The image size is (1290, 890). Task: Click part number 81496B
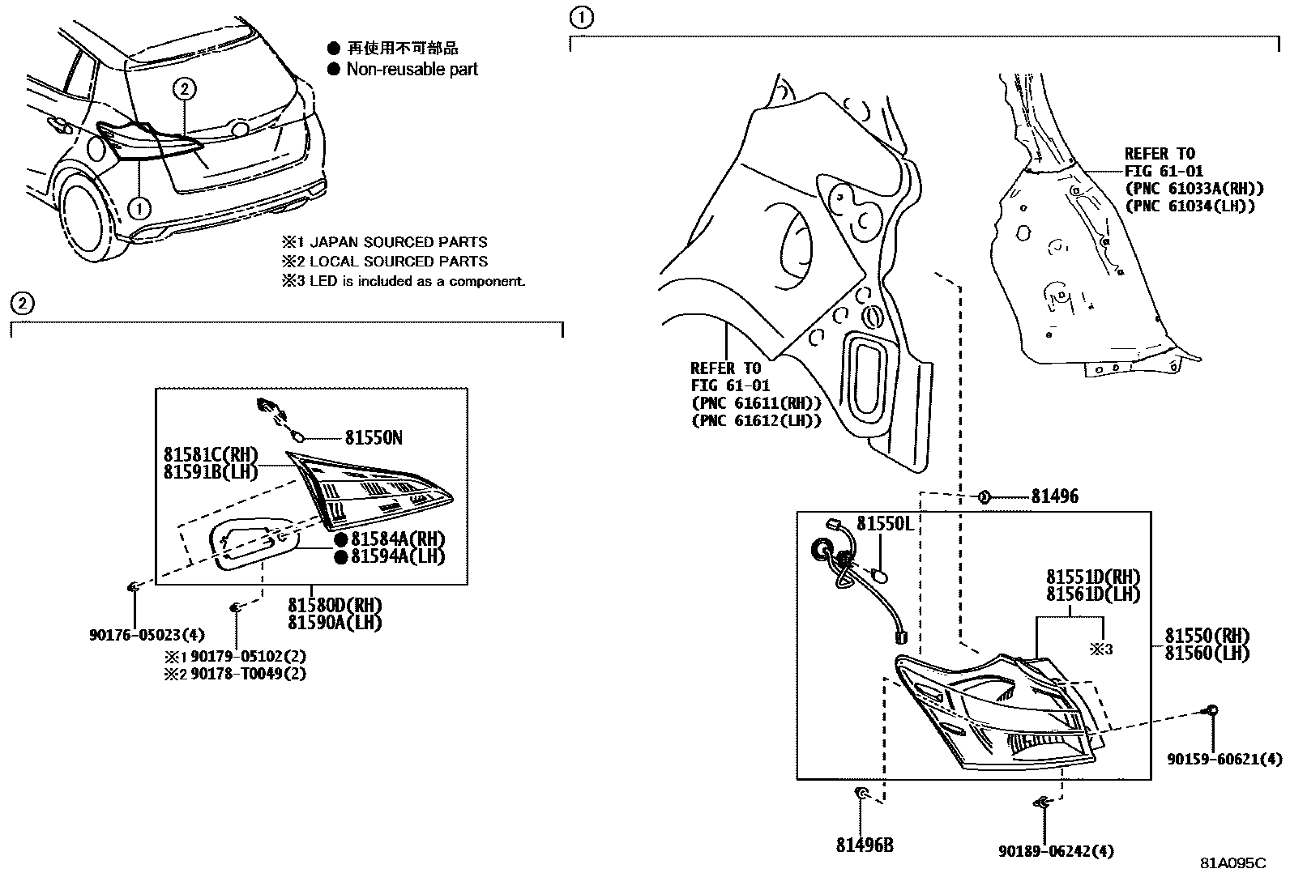tap(865, 845)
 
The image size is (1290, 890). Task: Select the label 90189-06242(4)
tap(1055, 851)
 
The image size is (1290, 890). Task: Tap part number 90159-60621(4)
tap(1224, 760)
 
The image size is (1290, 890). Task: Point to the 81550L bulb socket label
tap(885, 524)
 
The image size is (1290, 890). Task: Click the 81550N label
tap(374, 438)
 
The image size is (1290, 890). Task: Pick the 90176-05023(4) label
tap(147, 636)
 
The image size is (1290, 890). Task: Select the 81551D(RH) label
tap(1092, 577)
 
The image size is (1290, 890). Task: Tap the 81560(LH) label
tap(1207, 653)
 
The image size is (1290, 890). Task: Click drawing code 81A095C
tap(1232, 863)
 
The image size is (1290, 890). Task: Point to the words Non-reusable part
tap(412, 70)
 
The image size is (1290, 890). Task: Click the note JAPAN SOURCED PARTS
tap(399, 242)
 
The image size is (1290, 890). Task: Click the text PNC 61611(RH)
tap(756, 402)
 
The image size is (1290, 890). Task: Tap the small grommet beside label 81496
tap(984, 496)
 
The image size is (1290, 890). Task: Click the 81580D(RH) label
tap(335, 605)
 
